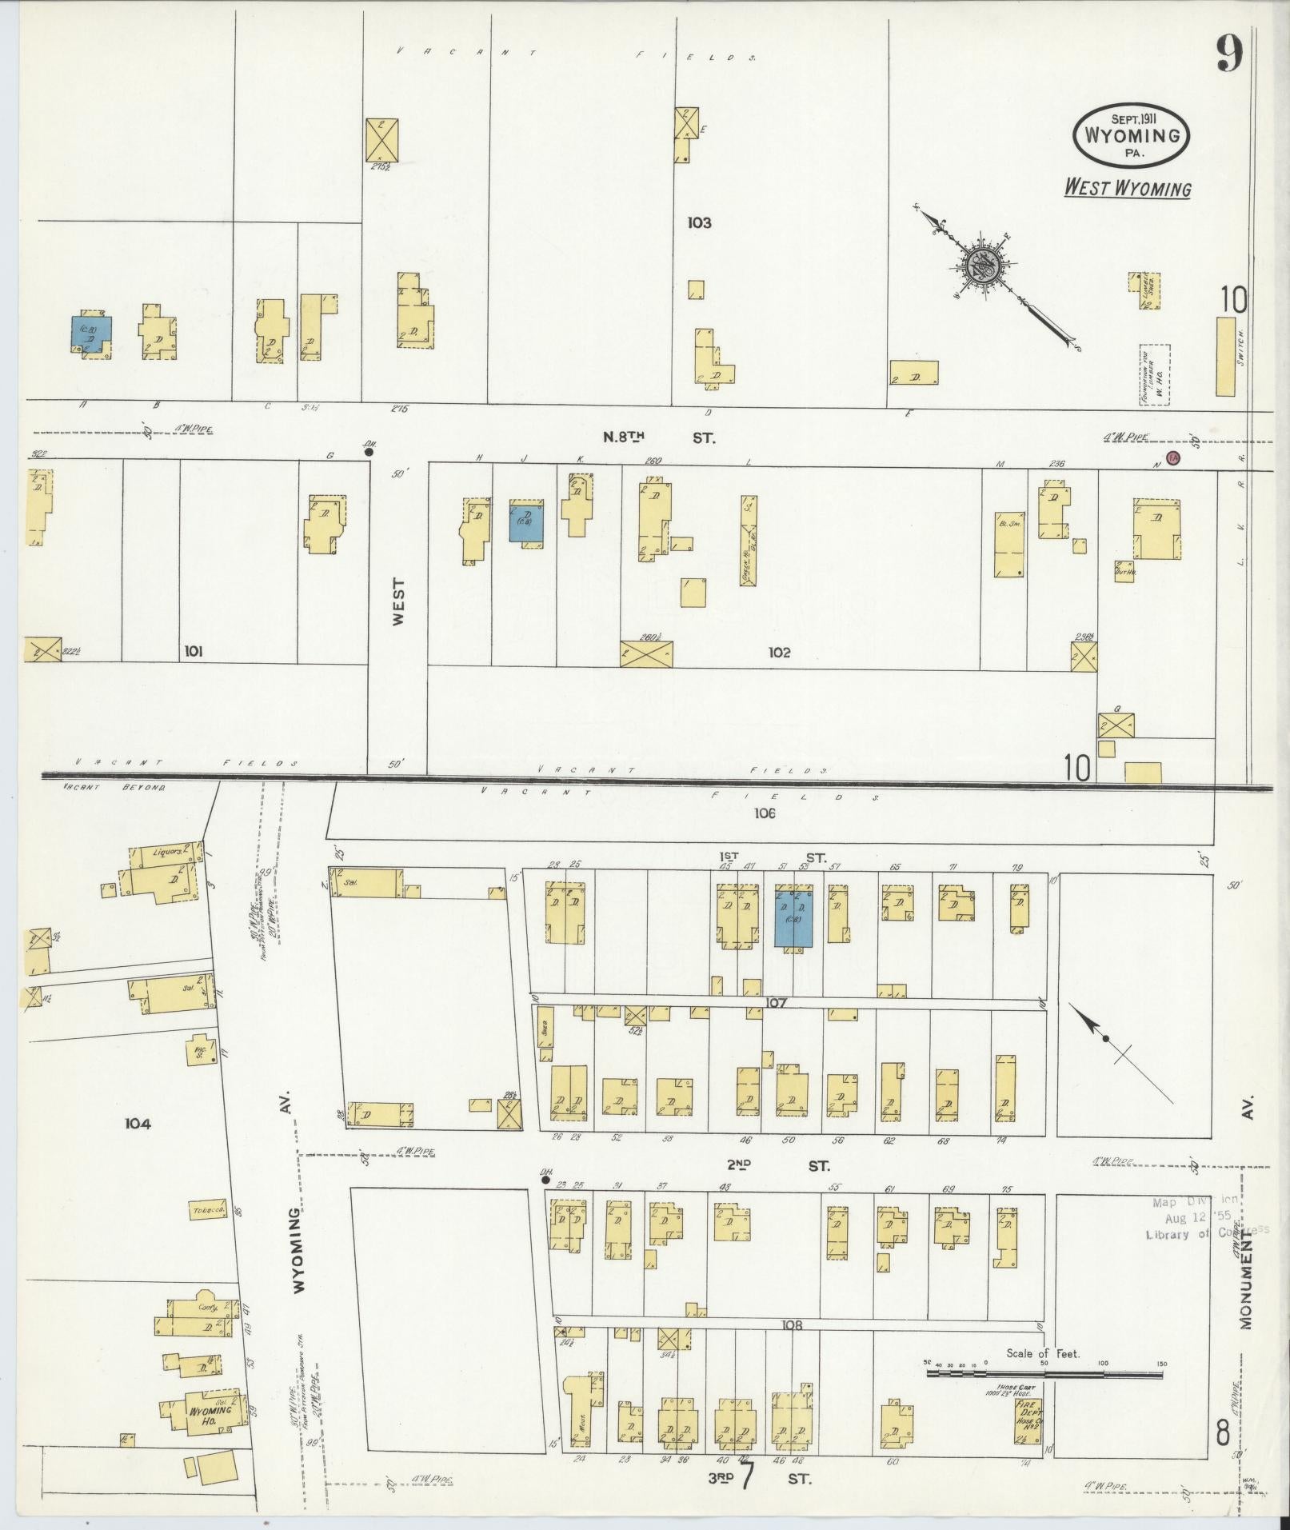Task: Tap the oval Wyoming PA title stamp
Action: pyautogui.click(x=1131, y=135)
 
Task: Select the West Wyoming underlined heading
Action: pyautogui.click(x=1127, y=189)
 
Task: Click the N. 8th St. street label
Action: pyautogui.click(x=659, y=437)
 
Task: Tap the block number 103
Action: pyautogui.click(x=698, y=223)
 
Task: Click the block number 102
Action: pyautogui.click(x=778, y=653)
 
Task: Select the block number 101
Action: pyautogui.click(x=193, y=652)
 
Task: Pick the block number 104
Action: pyautogui.click(x=138, y=1124)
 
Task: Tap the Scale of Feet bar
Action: pyautogui.click(x=1043, y=1374)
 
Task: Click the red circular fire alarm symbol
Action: pyautogui.click(x=1172, y=457)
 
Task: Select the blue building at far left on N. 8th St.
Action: pyautogui.click(x=91, y=334)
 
